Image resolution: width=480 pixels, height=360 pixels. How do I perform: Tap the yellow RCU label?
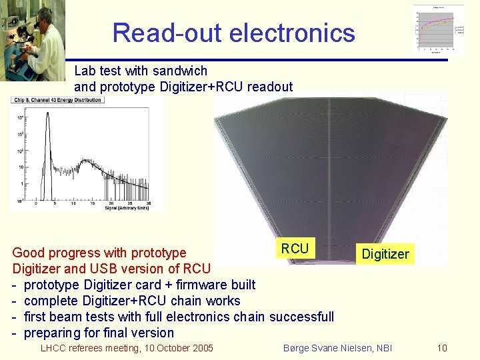pos(295,249)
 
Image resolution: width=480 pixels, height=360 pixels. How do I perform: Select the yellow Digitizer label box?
pos(385,254)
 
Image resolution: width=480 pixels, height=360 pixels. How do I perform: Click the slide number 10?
pos(441,348)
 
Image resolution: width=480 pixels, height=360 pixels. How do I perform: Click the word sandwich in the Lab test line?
pos(180,71)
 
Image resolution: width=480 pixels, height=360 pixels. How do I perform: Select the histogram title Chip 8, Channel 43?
pos(56,100)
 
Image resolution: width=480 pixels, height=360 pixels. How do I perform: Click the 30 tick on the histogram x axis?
pos(148,203)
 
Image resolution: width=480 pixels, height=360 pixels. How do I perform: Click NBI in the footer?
pos(384,348)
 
